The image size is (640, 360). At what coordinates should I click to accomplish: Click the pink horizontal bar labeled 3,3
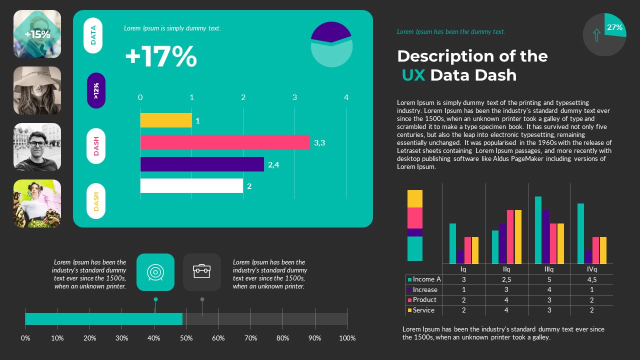pos(225,142)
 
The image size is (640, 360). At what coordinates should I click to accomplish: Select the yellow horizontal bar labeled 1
pos(166,120)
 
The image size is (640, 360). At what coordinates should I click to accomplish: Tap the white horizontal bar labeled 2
pos(191,186)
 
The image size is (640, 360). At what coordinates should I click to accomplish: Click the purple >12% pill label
pos(96,90)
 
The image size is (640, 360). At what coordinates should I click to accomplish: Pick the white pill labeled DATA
pos(93,35)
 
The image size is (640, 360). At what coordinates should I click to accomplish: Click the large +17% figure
pos(160,56)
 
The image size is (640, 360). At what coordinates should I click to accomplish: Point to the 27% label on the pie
pos(614,27)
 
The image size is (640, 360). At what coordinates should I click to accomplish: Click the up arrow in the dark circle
pos(596,35)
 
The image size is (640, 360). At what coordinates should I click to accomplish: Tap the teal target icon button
pos(155,272)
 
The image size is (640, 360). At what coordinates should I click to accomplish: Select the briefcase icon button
pos(202,272)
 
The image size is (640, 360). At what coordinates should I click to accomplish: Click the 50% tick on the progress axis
pos(186,338)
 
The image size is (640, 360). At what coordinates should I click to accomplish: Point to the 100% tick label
pos(347,338)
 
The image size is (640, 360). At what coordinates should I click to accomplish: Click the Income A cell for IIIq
pos(549,279)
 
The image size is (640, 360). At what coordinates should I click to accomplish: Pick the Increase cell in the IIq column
pos(506,290)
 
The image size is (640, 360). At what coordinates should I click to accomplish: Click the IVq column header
pos(591,269)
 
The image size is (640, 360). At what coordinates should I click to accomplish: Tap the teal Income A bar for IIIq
pos(538,230)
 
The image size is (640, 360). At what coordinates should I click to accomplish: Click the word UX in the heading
pos(413,75)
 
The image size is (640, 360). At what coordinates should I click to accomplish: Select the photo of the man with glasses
pos(37,147)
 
